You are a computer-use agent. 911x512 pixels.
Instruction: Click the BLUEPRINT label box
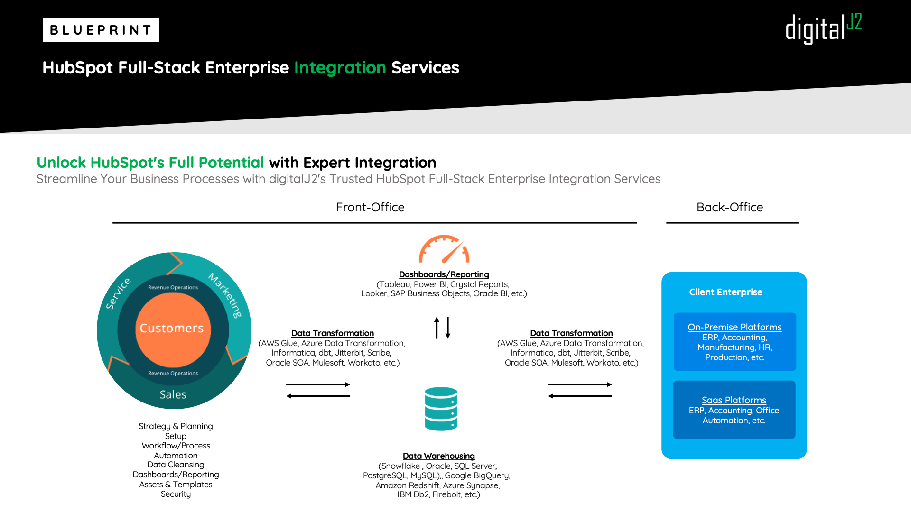101,30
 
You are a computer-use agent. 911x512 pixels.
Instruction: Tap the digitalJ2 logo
824,28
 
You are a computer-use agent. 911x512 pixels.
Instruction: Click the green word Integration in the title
340,68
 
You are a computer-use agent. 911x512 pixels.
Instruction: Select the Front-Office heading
370,207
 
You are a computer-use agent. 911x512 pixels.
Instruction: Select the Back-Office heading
730,207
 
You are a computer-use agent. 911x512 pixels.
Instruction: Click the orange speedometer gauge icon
444,249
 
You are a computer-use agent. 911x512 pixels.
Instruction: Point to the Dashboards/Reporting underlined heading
444,274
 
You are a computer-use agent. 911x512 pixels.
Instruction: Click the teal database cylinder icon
441,409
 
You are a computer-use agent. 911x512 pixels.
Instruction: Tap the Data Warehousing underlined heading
439,456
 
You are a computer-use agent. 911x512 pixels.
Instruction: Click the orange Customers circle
173,329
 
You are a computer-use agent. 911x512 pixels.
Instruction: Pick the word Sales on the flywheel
173,394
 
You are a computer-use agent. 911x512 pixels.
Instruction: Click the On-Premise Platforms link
735,327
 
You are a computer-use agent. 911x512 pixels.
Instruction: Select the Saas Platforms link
734,400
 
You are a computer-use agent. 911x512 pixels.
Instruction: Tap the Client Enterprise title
726,292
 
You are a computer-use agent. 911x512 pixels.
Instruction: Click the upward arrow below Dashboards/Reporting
437,328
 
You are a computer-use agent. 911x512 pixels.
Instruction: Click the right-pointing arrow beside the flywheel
318,384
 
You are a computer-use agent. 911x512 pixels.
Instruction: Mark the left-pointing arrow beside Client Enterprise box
580,396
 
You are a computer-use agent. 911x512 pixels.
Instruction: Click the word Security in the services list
176,494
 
